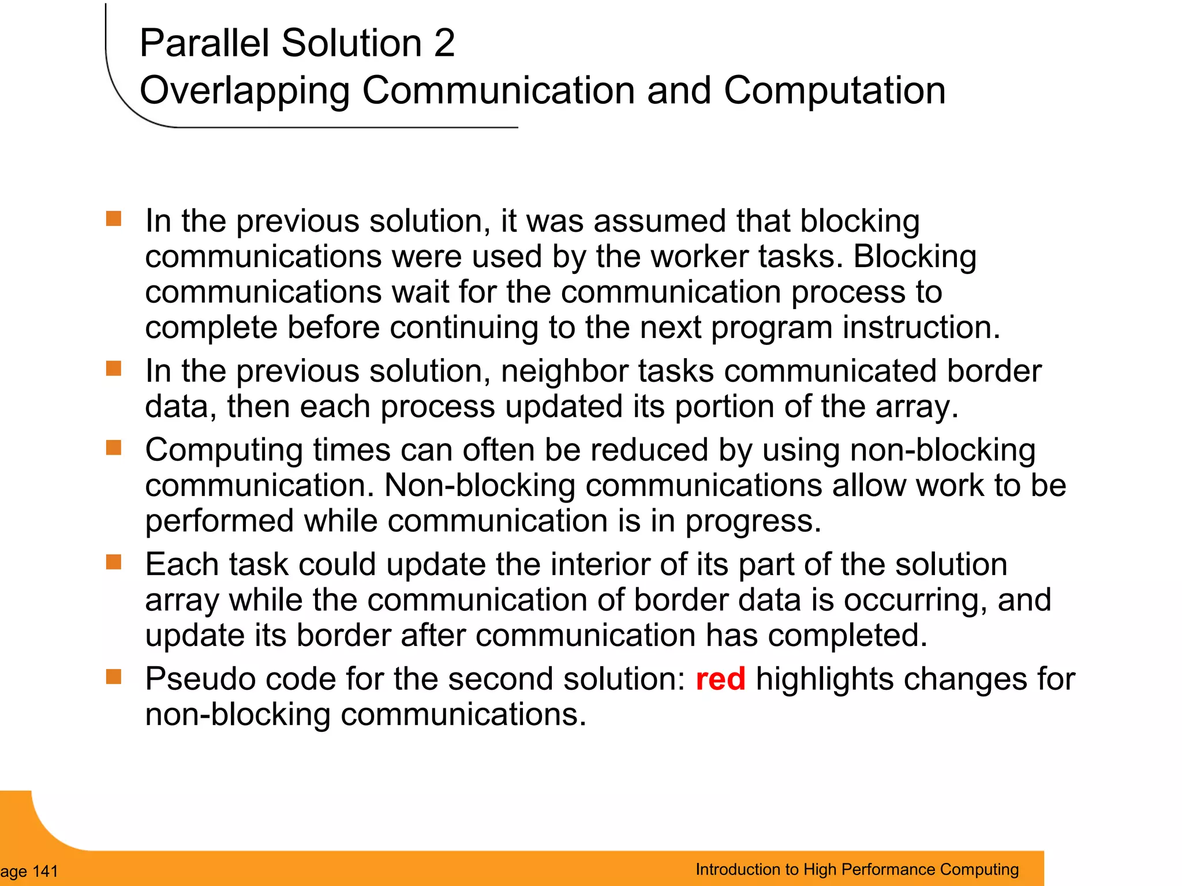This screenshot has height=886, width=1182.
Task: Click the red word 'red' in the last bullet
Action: tap(720, 679)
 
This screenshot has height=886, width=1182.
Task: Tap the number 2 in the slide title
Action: tap(444, 43)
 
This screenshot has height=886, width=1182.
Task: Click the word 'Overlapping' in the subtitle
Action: tap(245, 91)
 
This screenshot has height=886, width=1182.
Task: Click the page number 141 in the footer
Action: tap(46, 871)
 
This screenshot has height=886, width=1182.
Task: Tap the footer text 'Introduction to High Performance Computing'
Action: tap(857, 869)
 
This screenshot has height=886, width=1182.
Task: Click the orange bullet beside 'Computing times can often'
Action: tap(114, 448)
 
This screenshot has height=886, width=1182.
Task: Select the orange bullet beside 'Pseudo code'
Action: tap(114, 677)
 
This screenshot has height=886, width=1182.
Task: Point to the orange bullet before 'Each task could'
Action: tap(114, 562)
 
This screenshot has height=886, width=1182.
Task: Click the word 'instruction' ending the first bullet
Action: tap(920, 328)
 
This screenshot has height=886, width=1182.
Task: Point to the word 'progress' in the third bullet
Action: tap(752, 521)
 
